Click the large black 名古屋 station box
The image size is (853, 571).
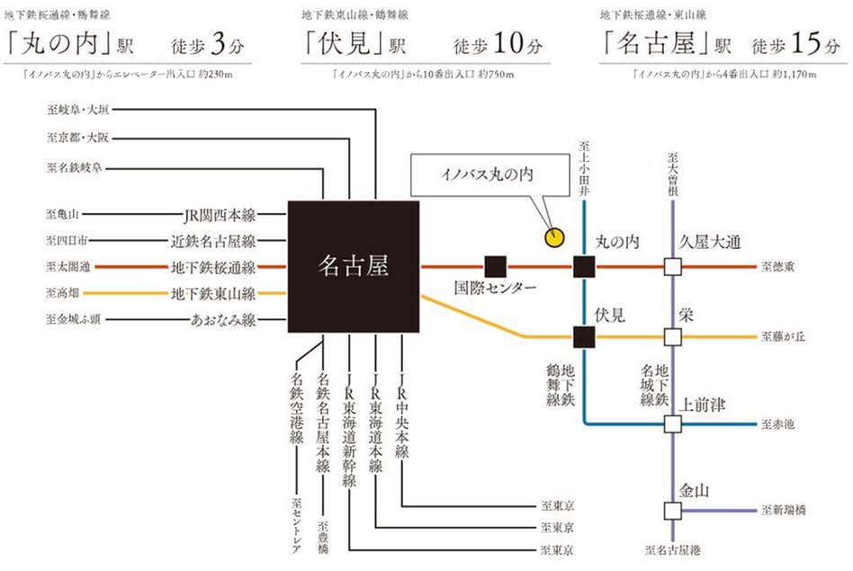pyautogui.click(x=354, y=267)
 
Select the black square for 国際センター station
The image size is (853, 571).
pyautogui.click(x=495, y=267)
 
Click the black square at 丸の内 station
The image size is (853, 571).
pyautogui.click(x=585, y=267)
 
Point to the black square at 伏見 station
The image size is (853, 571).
pyautogui.click(x=585, y=337)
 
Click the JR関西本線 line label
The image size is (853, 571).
pyautogui.click(x=219, y=216)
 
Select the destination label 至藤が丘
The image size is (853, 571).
pyautogui.click(x=783, y=337)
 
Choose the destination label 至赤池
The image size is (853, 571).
pyautogui.click(x=778, y=424)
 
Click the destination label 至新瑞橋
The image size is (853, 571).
pyautogui.click(x=783, y=510)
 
